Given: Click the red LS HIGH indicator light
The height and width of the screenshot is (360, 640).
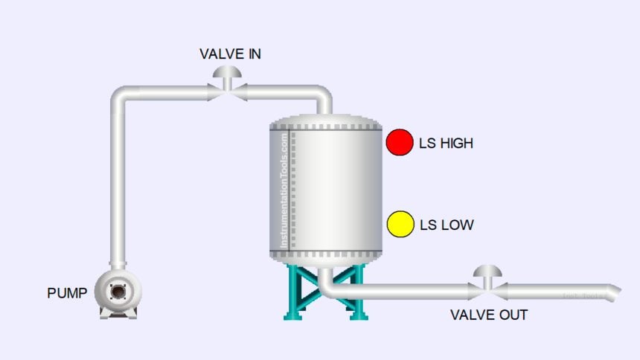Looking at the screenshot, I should point(399,142).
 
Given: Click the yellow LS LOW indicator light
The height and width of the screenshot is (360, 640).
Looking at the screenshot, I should point(400,224).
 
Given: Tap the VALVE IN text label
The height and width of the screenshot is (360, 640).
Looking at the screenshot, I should point(230,54).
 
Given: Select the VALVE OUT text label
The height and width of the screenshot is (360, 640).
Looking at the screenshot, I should point(488,315).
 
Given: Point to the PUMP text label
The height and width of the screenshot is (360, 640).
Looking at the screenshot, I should point(67,293).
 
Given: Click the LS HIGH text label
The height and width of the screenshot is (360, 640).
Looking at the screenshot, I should point(446,143).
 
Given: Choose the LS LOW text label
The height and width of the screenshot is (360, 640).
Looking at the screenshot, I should point(446,225).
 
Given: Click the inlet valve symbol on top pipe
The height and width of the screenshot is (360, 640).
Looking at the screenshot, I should point(227,91).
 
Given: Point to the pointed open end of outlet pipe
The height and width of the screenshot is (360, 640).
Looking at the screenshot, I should point(613,292).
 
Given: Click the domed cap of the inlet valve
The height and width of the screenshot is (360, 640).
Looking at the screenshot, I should point(227,71).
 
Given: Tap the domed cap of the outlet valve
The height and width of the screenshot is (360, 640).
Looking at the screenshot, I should point(488,271).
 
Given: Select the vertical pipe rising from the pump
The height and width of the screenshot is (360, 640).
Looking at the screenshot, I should point(119,186).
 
